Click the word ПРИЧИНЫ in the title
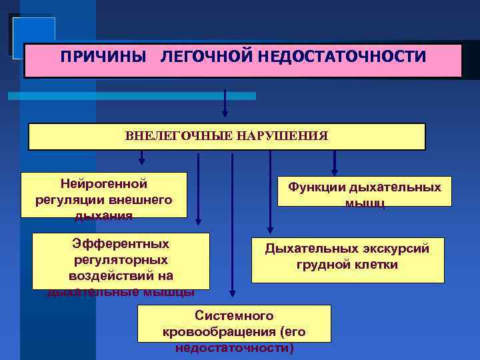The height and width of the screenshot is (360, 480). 102,57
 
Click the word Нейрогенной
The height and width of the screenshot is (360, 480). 103,183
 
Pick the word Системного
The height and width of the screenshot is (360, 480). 233,315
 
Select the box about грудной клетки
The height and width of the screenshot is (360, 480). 347,260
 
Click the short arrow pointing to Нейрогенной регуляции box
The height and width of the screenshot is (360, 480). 141,158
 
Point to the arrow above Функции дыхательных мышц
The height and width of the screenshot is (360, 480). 335,161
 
